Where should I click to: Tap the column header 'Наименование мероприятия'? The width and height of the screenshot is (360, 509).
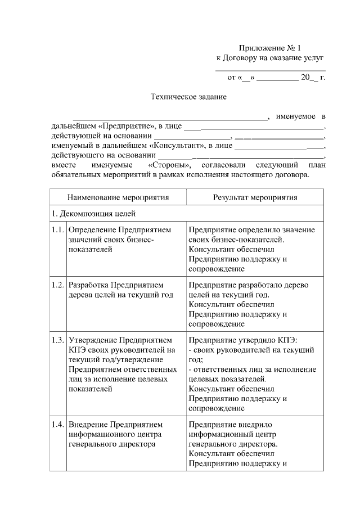[x=118, y=197]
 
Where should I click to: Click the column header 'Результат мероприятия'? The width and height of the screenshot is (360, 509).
[x=255, y=197]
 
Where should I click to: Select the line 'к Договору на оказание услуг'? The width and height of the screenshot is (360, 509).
[x=271, y=58]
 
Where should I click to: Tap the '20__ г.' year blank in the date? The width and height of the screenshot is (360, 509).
[x=313, y=77]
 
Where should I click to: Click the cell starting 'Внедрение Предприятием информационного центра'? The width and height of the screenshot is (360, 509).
[x=115, y=434]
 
